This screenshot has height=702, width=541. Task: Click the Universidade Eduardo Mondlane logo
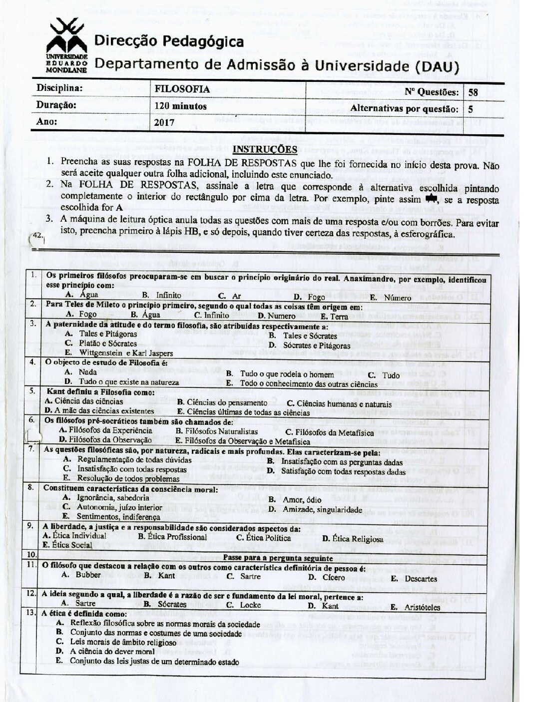tap(67, 44)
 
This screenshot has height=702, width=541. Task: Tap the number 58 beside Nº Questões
tap(473, 92)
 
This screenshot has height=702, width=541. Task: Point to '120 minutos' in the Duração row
tap(180, 106)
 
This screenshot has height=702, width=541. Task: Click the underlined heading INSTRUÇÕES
tap(265, 149)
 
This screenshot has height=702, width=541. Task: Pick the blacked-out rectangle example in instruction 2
tap(430, 199)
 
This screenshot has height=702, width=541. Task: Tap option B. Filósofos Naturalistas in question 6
tap(216, 431)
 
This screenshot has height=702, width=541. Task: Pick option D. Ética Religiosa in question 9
tap(352, 538)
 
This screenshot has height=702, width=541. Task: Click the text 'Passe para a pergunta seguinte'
tap(278, 558)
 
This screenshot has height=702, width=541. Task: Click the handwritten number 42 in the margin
tap(36, 234)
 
